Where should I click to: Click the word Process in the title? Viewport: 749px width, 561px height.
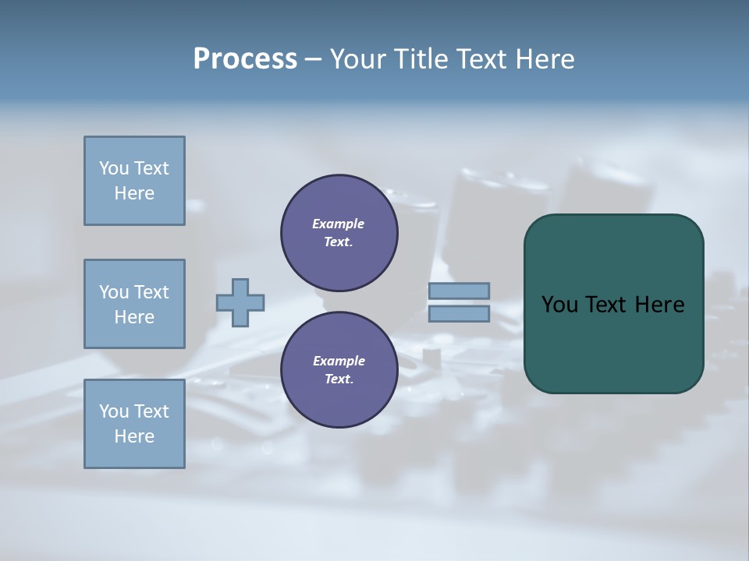[x=245, y=59]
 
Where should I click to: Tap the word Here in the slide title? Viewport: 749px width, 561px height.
[x=544, y=59]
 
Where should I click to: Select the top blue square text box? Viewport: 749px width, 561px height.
[x=134, y=181]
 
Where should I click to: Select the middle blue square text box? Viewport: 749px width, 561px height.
[x=134, y=304]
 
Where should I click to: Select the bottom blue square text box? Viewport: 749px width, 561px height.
[x=134, y=424]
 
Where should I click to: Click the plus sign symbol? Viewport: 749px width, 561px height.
[x=240, y=302]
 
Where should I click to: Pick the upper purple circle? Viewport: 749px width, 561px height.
[x=339, y=233]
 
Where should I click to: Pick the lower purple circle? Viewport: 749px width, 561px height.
[x=339, y=370]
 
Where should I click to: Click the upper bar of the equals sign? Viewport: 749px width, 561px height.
[x=459, y=291]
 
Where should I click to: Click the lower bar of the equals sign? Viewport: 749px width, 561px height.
[x=459, y=314]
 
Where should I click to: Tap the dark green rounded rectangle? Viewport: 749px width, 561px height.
[x=613, y=343]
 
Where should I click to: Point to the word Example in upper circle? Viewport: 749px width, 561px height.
[x=339, y=224]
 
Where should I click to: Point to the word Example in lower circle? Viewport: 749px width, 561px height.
[x=339, y=361]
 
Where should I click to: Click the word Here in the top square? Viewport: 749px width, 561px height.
[x=134, y=193]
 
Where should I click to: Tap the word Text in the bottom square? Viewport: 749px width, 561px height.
[x=151, y=411]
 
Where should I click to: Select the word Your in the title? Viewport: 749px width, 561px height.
[x=361, y=59]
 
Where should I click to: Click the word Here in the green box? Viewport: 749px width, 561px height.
[x=659, y=305]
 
